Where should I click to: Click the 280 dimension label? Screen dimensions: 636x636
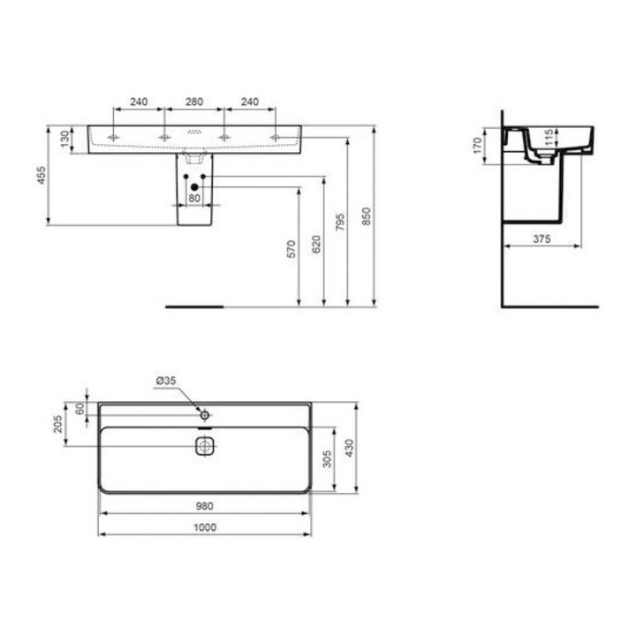(194, 102)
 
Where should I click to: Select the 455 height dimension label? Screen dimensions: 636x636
(42, 175)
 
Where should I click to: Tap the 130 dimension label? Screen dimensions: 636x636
(64, 140)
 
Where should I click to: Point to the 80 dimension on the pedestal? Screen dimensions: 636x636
(194, 198)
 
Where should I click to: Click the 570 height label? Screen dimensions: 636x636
(291, 249)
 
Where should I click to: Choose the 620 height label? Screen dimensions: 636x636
(316, 244)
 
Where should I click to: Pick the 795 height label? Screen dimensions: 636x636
(340, 222)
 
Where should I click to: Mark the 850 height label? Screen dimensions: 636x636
(367, 216)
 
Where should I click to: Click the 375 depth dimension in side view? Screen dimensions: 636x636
(541, 238)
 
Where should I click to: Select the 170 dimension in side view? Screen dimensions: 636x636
(477, 145)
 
